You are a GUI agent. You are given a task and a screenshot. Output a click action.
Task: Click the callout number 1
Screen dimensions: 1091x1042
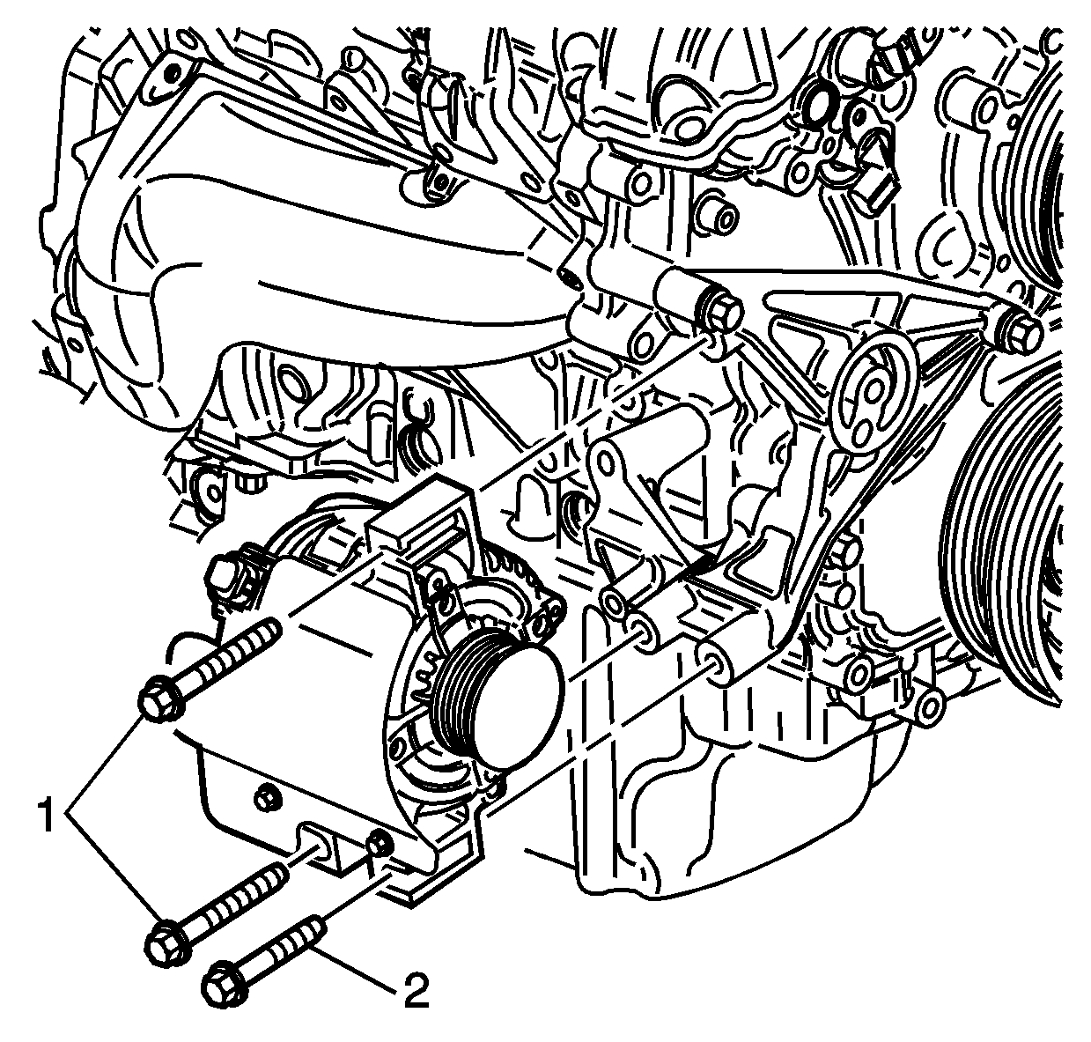[47, 817]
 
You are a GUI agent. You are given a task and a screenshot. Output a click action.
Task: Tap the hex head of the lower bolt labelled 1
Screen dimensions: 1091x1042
[167, 945]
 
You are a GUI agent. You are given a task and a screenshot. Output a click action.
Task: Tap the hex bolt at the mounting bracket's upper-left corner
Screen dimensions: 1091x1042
[719, 312]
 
